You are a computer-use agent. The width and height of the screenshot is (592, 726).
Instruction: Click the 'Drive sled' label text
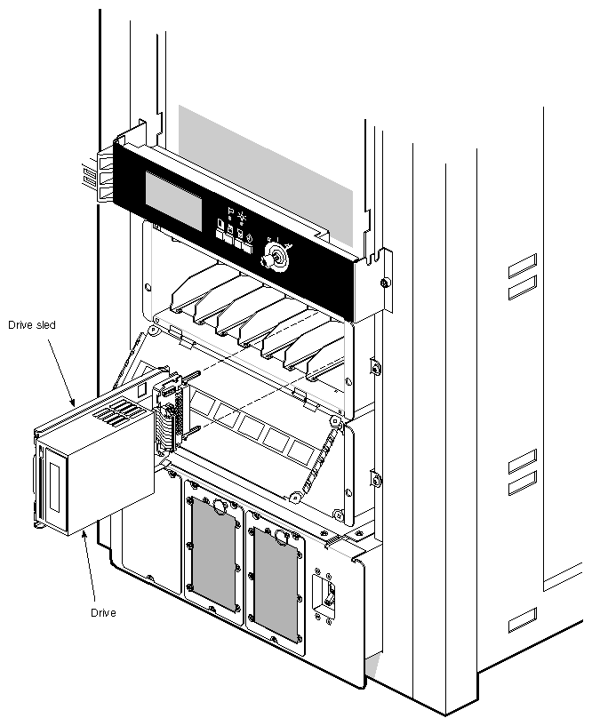pyautogui.click(x=31, y=325)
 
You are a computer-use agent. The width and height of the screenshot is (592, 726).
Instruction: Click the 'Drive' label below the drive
pyautogui.click(x=104, y=613)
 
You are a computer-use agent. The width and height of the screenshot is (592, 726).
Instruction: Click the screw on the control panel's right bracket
pyautogui.click(x=383, y=283)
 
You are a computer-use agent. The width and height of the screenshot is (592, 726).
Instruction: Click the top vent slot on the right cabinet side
pyautogui.click(x=522, y=261)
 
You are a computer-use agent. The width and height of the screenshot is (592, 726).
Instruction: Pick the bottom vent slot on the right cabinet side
pyautogui.click(x=522, y=618)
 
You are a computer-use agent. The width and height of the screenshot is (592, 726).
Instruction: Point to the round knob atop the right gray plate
pyautogui.click(x=282, y=536)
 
